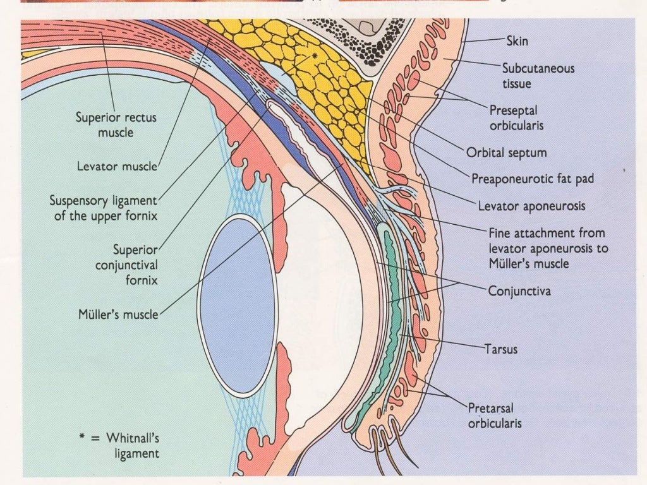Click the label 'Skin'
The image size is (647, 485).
coord(517,42)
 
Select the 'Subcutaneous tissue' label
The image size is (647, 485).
coord(538,75)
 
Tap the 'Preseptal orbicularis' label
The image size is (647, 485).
coord(516,118)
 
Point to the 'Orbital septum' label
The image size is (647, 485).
coord(507,153)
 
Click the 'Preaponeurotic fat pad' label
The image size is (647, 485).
coord(533,179)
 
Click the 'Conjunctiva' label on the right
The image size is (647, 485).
coord(519,292)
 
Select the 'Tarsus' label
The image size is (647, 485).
coord(501,348)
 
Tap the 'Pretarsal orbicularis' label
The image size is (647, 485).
coord(495,415)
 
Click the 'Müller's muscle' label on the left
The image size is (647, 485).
coord(118,313)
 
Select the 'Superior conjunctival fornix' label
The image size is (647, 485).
coord(126,265)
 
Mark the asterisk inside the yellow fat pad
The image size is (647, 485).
coord(314,56)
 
